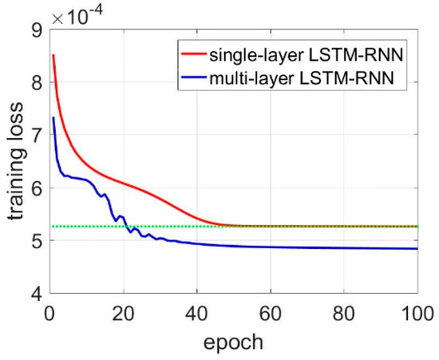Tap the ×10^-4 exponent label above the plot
click(77, 14)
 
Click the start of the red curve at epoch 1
click(53, 56)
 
